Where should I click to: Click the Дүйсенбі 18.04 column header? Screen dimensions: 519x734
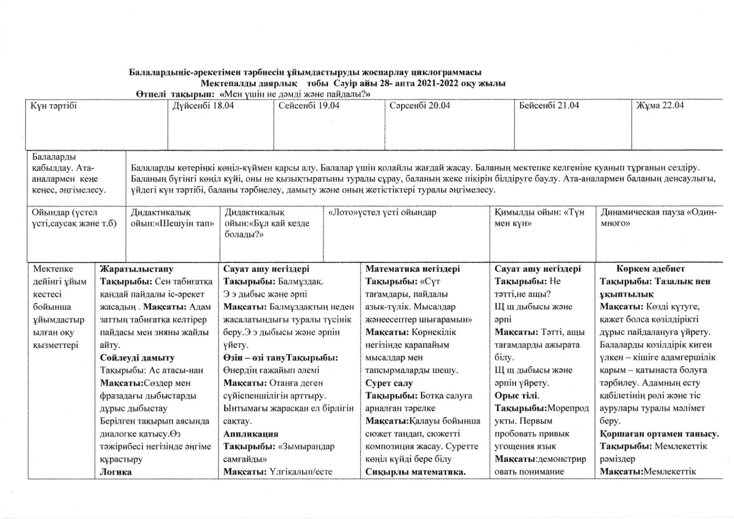(x=203, y=106)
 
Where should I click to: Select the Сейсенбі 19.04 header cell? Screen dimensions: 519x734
(x=309, y=106)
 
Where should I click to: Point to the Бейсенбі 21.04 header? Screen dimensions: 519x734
(x=549, y=106)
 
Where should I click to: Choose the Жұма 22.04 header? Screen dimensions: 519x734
(x=660, y=106)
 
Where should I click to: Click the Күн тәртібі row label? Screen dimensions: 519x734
(x=54, y=106)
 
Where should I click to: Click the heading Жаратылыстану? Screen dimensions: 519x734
(x=137, y=269)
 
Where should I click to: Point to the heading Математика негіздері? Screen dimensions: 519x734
(x=413, y=269)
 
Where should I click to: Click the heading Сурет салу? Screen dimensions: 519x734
(x=389, y=383)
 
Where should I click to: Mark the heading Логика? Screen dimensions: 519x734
(x=116, y=472)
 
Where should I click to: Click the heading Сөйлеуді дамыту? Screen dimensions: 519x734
(x=137, y=358)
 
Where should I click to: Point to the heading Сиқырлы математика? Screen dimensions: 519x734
(x=416, y=472)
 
